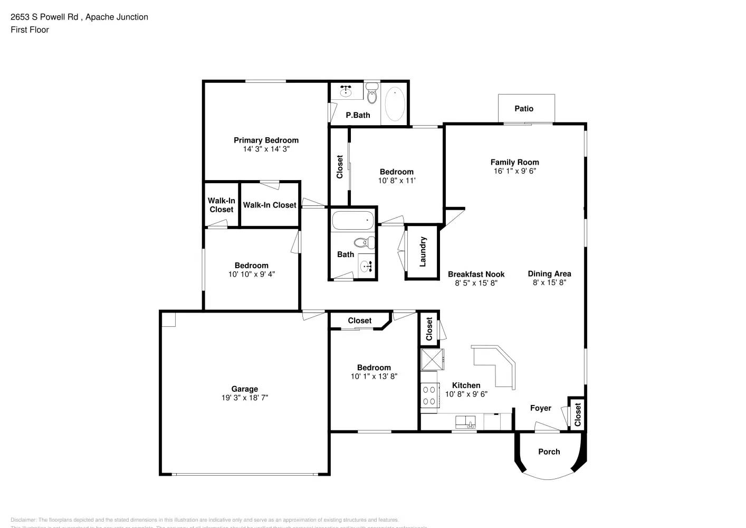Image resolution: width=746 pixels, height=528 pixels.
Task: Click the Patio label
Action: pos(523,108)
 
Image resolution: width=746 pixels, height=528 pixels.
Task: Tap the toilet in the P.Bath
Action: pos(372,94)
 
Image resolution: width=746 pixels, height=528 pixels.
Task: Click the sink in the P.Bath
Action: pos(346,92)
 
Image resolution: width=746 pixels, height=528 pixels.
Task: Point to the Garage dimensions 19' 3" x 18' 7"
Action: pos(244,398)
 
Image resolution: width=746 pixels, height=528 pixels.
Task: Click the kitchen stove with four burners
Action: pos(429,395)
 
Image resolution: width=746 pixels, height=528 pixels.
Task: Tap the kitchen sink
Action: pos(466,422)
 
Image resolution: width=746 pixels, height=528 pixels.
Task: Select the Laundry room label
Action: pos(423,252)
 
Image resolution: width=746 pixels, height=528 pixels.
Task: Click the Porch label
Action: pos(549,451)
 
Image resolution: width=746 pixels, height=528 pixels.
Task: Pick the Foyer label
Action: pos(540,408)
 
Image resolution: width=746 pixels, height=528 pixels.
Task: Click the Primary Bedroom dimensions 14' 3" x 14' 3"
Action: pos(266,149)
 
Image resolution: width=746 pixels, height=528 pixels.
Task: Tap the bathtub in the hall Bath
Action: pos(352,220)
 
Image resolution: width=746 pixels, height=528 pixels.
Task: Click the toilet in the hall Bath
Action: pos(364,243)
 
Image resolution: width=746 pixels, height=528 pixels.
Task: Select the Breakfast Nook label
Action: pos(476,274)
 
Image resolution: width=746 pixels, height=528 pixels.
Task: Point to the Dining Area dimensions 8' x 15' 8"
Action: pos(549,282)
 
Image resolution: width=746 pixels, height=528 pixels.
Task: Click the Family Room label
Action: pos(514,162)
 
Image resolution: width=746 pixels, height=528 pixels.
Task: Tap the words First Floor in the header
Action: pos(30,30)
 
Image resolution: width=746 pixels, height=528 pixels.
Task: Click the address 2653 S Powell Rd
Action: pos(45,17)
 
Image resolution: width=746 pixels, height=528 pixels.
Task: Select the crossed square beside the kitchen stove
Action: pos(432,360)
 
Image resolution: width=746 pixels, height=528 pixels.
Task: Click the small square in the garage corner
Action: pos(168,319)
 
